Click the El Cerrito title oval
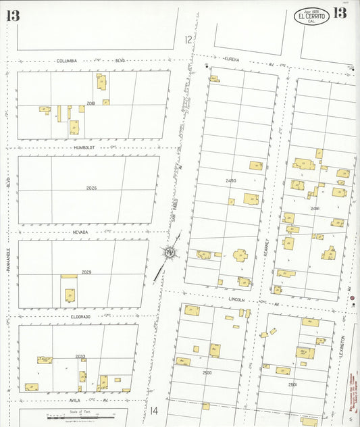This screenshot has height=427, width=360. click(x=311, y=16)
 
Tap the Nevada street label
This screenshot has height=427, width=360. click(x=81, y=232)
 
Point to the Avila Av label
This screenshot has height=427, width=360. click(x=76, y=400)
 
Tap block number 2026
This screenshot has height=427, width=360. click(x=91, y=188)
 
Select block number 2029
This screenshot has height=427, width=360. click(x=86, y=272)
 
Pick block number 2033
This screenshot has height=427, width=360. click(x=80, y=356)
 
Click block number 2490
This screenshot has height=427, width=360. click(x=232, y=181)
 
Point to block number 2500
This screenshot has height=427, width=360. click(x=207, y=372)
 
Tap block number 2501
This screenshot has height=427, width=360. click(x=292, y=384)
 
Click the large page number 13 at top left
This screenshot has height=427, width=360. click(x=13, y=16)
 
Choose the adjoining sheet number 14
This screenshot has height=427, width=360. click(x=154, y=409)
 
